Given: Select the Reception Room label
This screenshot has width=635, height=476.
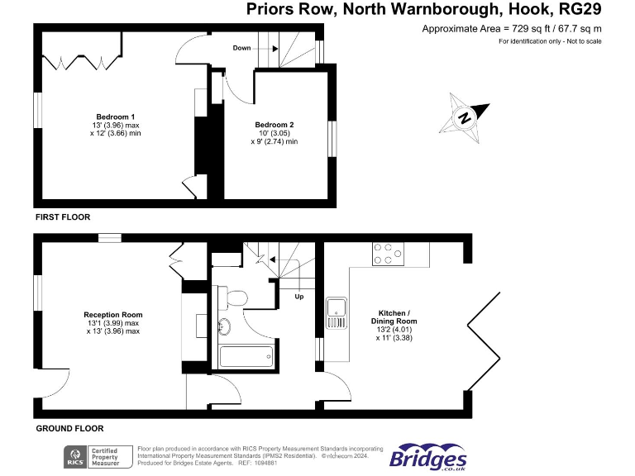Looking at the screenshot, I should coord(112,315).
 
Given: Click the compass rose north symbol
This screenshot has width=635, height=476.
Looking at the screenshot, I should coord(466,117).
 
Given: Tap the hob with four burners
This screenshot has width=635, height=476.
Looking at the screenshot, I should coord(388,253).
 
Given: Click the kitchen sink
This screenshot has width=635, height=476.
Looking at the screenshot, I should coord(337,309).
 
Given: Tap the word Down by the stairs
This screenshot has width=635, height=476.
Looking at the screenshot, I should coord(241,48).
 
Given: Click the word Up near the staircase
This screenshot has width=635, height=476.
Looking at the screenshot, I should coord(298,295).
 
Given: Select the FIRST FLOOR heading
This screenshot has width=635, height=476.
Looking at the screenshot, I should coord(62,217).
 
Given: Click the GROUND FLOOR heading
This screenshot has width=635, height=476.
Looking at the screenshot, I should coord(69,428).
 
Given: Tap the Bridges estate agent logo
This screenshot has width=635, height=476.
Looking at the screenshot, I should coord(427,458).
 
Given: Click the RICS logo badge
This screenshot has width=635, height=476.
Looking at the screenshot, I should coord(74,455).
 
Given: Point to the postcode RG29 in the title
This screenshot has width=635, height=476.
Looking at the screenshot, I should coord(580,10).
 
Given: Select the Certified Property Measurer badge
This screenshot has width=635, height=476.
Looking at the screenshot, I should coord(110,455).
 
